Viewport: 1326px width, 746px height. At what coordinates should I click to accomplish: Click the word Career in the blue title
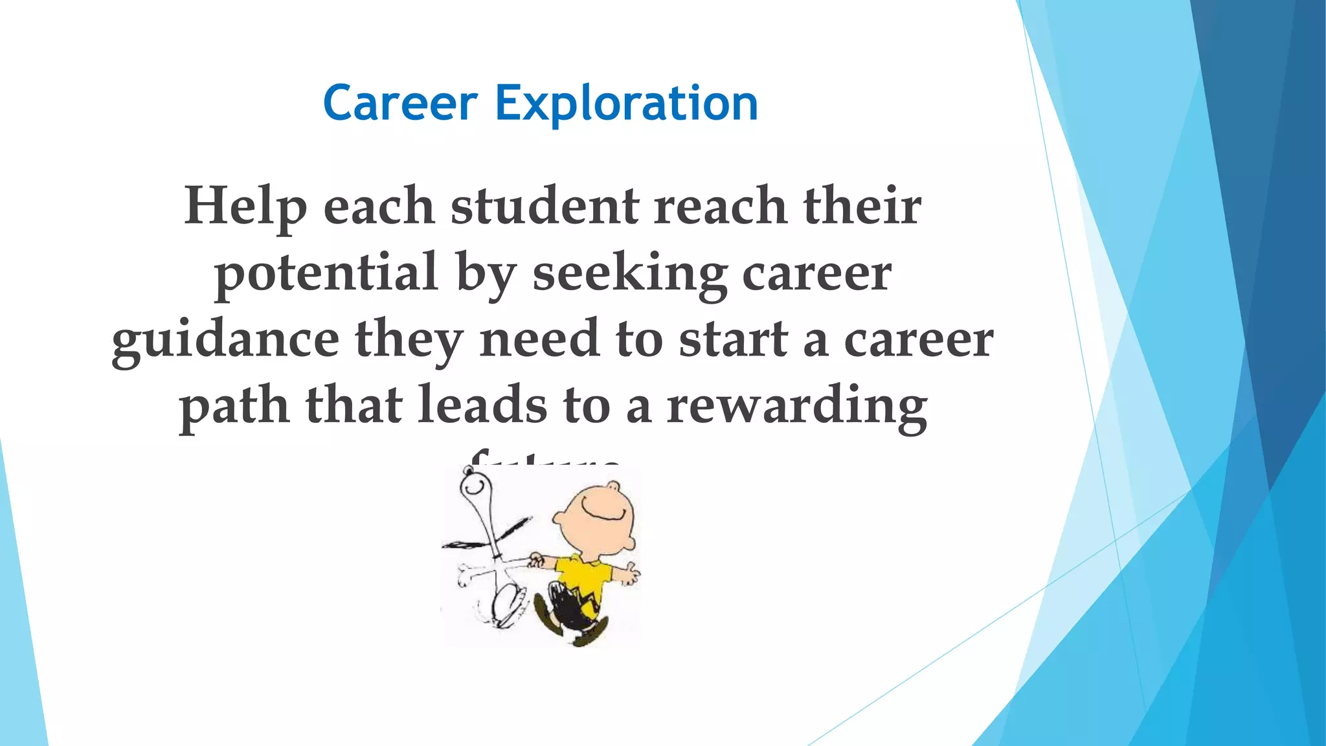pos(400,104)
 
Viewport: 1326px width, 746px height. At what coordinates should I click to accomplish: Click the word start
pos(733,340)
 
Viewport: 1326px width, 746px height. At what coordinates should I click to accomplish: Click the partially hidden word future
pos(544,461)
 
